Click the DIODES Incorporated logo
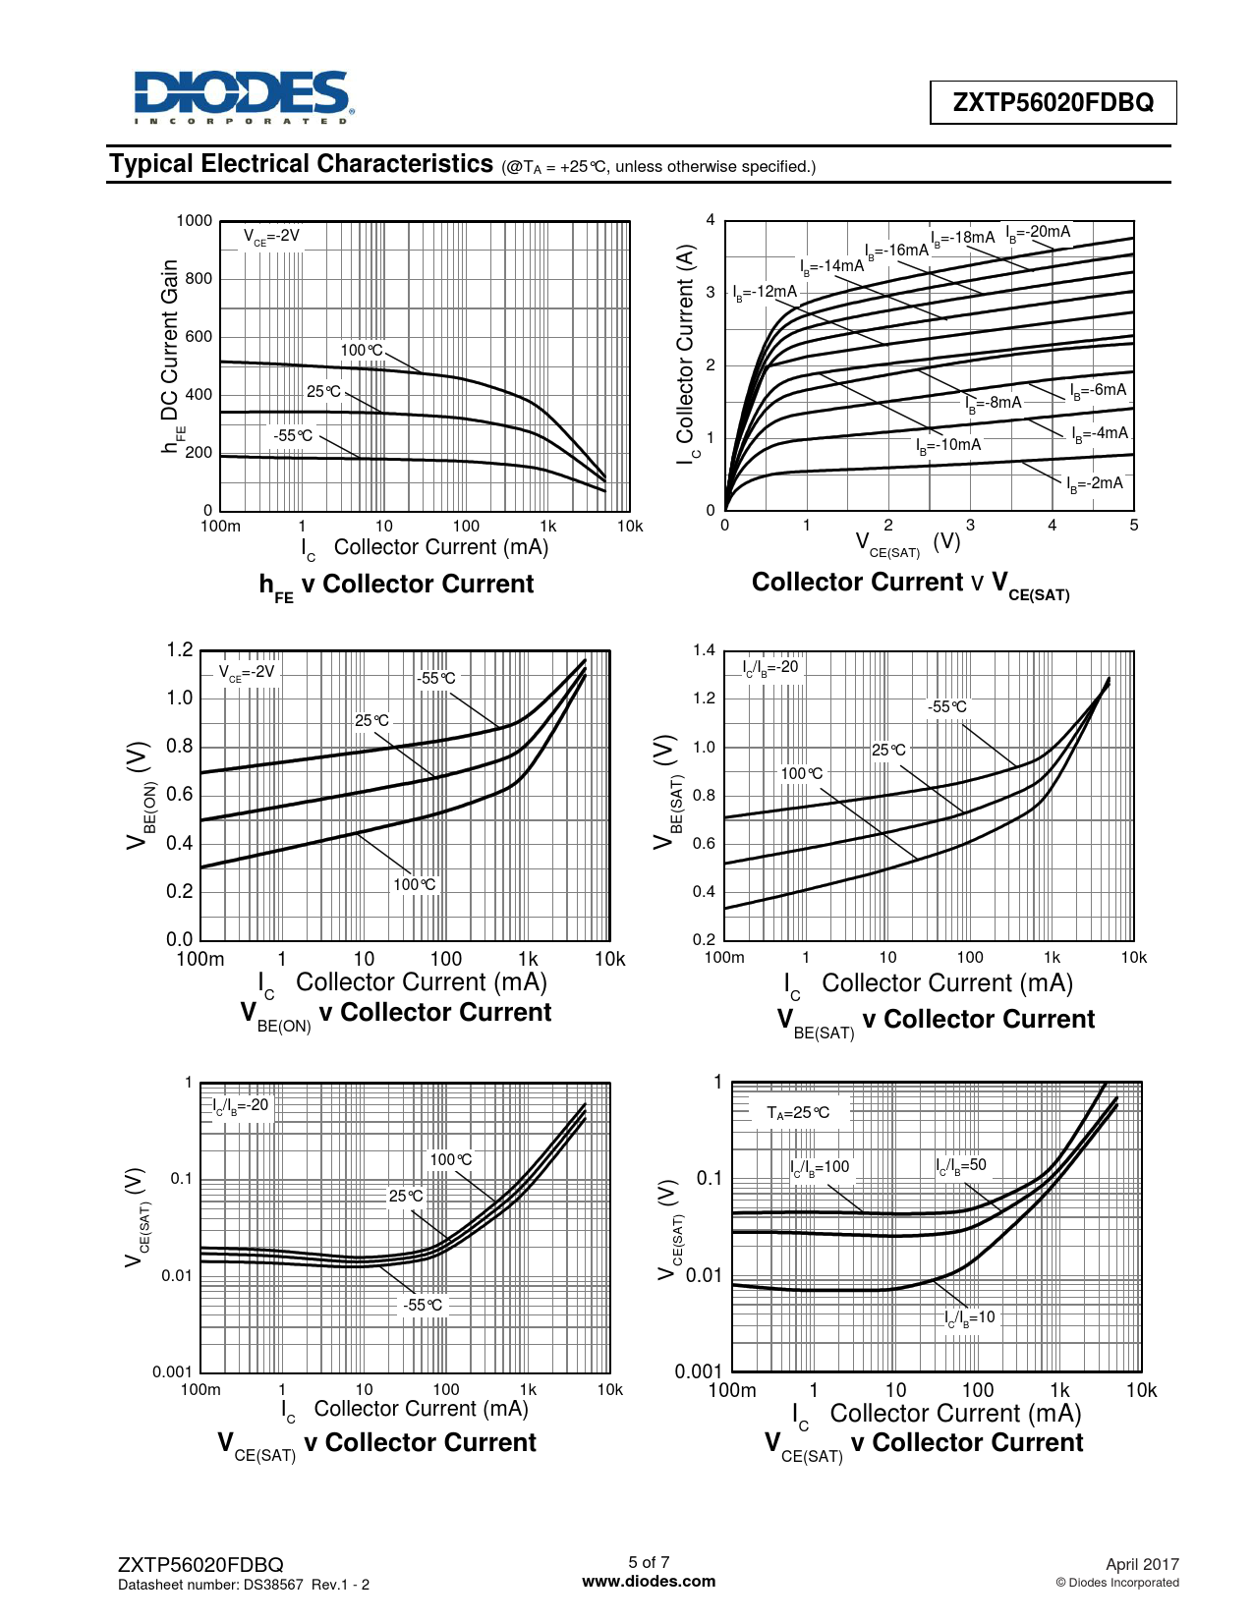[243, 96]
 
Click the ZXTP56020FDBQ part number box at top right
[1053, 102]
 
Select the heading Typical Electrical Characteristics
[301, 164]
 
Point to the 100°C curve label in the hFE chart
[362, 350]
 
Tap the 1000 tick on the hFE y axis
[194, 221]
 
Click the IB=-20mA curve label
[1039, 233]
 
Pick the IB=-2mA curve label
[1095, 483]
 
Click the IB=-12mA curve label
[765, 292]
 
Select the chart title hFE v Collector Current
[396, 585]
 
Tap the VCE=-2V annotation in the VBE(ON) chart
[247, 672]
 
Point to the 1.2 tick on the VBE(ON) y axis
[180, 650]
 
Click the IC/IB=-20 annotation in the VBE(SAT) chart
[770, 667]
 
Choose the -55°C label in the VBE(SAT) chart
[946, 706]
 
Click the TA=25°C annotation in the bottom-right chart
[798, 1112]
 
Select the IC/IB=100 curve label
[820, 1167]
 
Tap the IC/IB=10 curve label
[970, 1317]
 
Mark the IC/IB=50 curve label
[961, 1165]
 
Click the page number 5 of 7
[649, 1562]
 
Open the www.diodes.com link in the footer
[649, 1581]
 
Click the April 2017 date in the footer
[1142, 1564]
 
